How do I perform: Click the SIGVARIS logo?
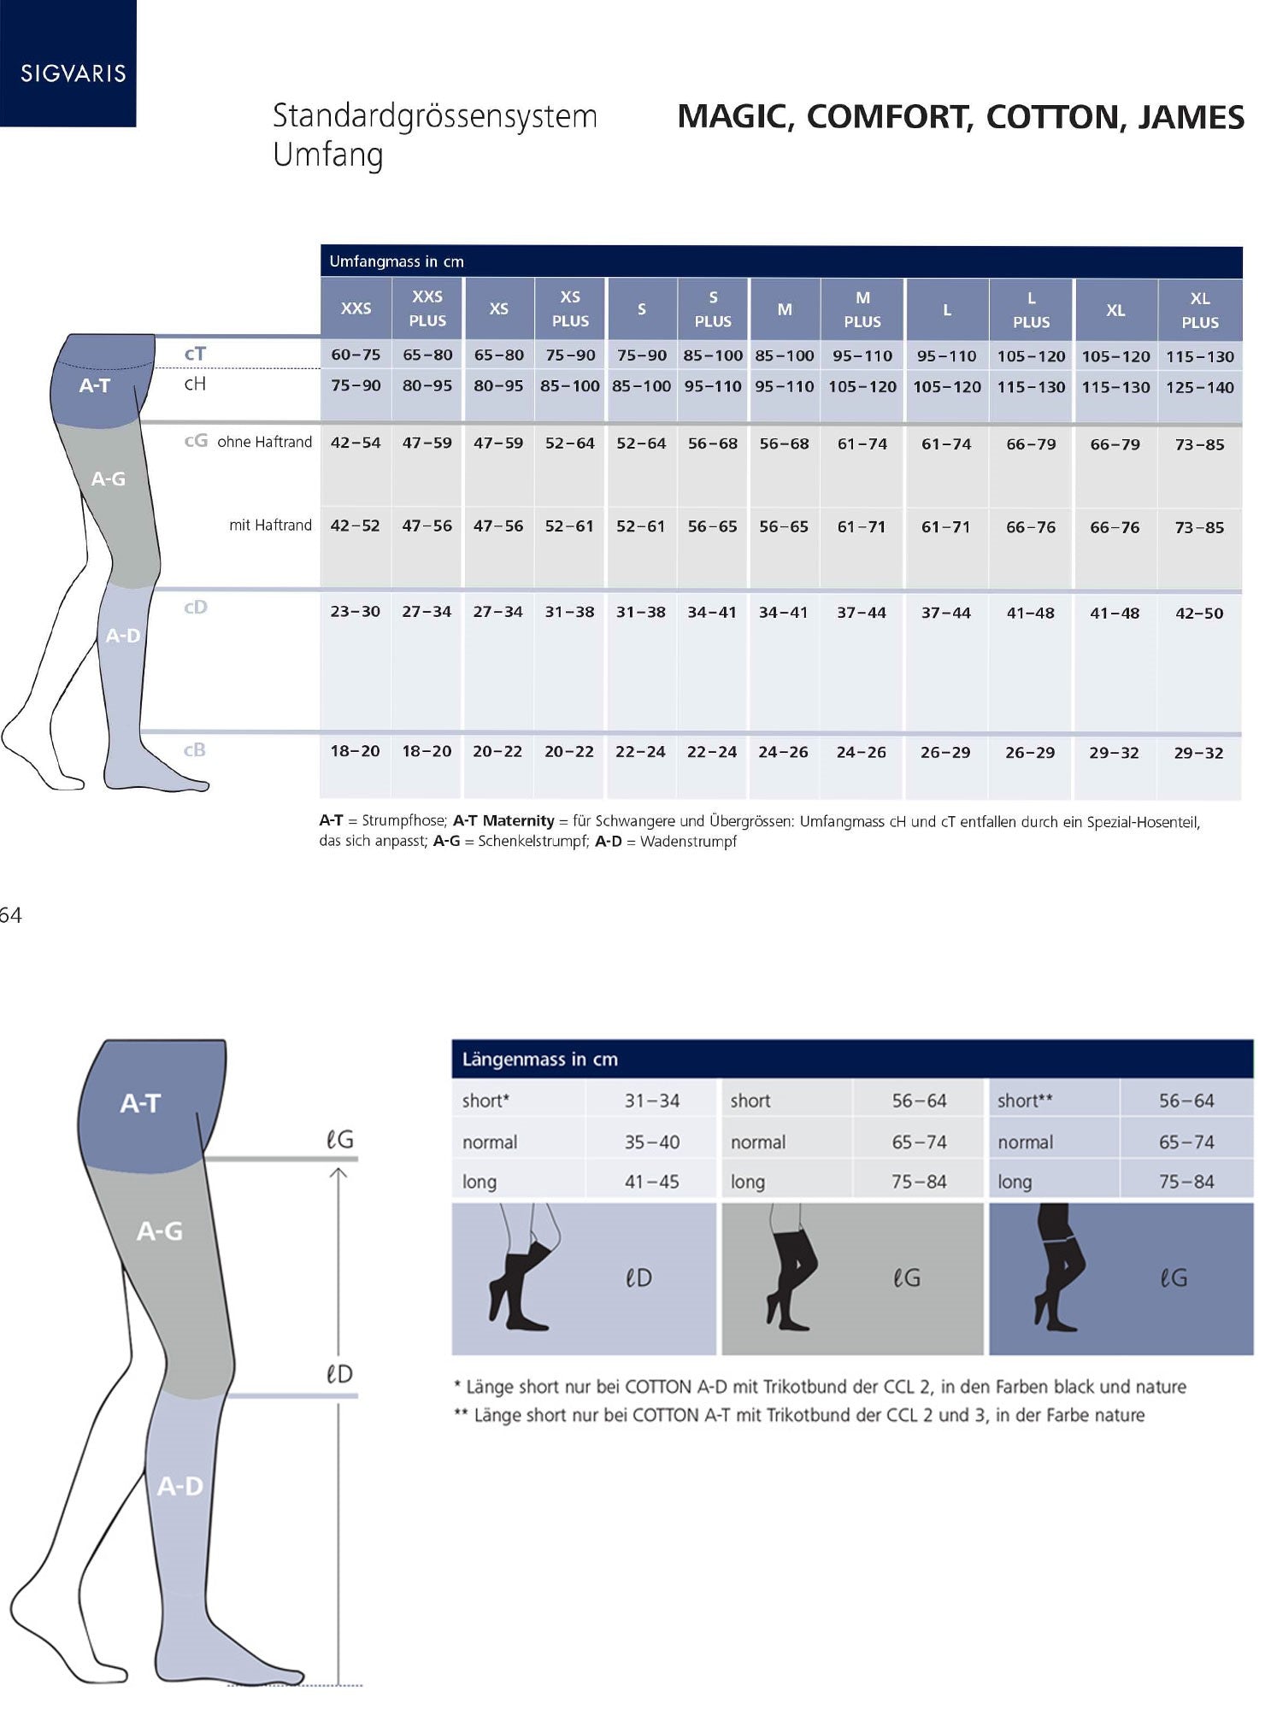(x=74, y=73)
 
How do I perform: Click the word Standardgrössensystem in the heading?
(x=434, y=116)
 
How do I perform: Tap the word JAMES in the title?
(x=1191, y=117)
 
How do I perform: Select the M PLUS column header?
(x=862, y=309)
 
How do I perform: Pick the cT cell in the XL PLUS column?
(x=1200, y=357)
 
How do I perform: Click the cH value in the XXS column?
(x=356, y=385)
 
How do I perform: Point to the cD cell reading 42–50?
(x=1199, y=614)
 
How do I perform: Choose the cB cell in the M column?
(x=783, y=752)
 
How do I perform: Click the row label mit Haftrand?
(x=270, y=526)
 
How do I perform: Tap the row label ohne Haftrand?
(x=265, y=442)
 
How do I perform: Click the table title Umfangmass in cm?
(x=397, y=261)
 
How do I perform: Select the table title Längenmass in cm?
(x=539, y=1060)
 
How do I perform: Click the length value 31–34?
(x=652, y=1101)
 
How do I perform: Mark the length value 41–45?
(x=652, y=1182)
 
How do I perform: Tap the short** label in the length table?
(x=1025, y=1101)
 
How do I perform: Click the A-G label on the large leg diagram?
(x=160, y=1231)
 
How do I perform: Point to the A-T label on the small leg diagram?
(x=94, y=385)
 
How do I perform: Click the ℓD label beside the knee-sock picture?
(x=638, y=1278)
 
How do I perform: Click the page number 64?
(x=10, y=916)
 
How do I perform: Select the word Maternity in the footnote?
(x=519, y=821)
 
